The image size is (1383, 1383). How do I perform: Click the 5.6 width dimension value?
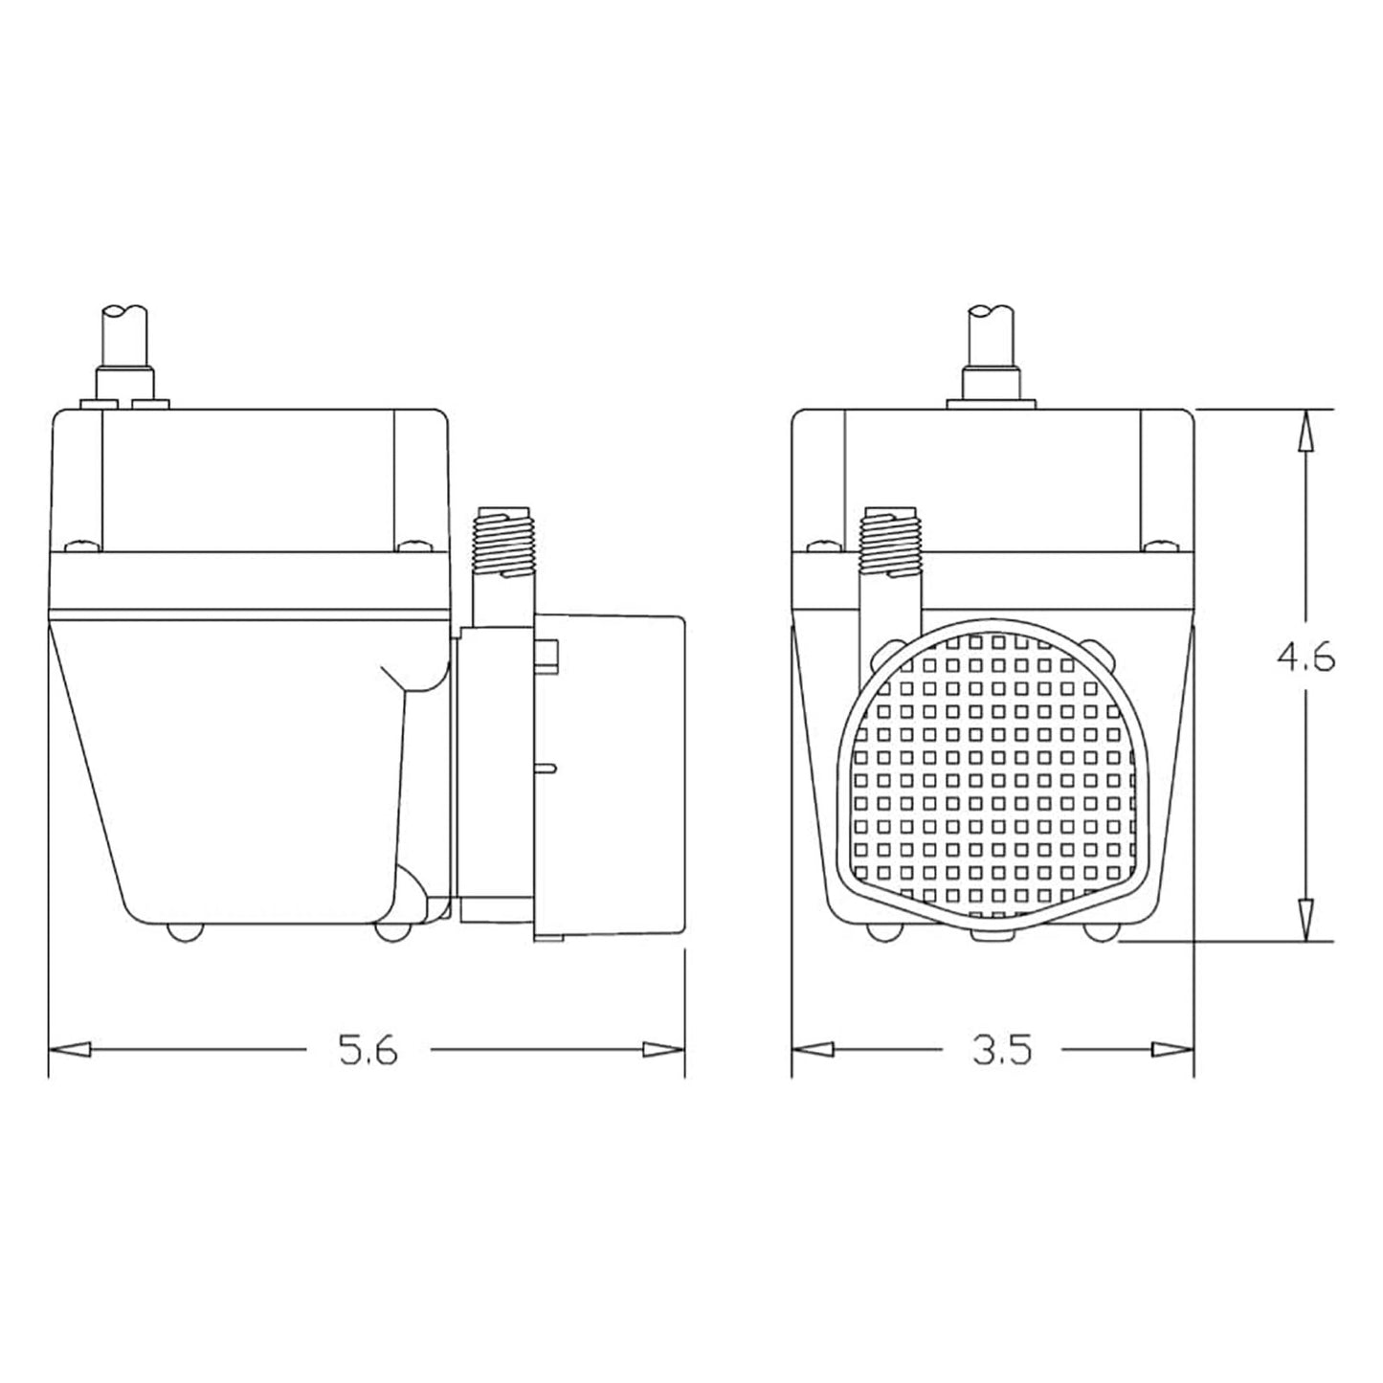368,1051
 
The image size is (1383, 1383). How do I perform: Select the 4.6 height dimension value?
1305,658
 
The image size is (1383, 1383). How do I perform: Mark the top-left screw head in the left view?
82,547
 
